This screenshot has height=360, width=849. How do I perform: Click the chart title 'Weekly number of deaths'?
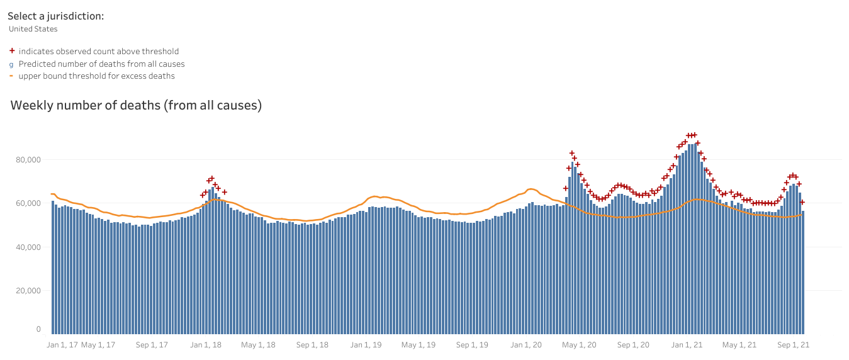tap(136, 106)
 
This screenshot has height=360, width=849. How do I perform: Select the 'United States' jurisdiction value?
tap(33, 29)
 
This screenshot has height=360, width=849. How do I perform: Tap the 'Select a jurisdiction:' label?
tap(55, 16)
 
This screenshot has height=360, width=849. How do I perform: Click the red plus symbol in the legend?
tap(11, 52)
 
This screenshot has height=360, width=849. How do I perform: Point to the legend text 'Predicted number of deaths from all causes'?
tap(101, 64)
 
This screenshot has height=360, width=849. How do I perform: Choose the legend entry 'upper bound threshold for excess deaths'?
tap(96, 76)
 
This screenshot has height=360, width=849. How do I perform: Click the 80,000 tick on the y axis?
tap(28, 160)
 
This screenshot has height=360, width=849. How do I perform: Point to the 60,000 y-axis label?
tap(28, 203)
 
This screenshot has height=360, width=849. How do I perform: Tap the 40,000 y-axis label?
tap(28, 247)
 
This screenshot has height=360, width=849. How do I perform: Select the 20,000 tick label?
tap(28, 291)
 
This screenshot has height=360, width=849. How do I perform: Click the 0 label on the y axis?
tap(38, 329)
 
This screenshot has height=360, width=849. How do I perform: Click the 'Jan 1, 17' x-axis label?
tap(62, 345)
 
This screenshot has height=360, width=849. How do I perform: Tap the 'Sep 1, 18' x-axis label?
tap(313, 345)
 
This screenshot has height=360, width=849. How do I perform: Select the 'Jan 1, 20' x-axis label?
tap(526, 345)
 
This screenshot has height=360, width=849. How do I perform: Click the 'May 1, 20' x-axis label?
tap(580, 345)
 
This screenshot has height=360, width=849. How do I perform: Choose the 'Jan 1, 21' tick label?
tap(687, 345)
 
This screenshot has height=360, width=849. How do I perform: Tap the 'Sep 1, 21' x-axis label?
tap(794, 345)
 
